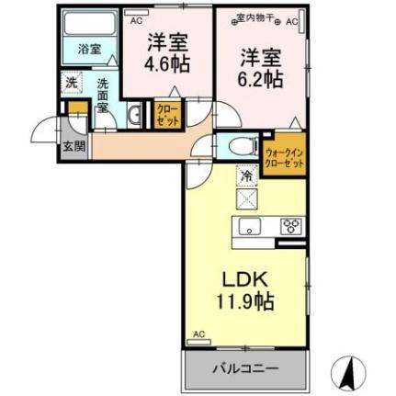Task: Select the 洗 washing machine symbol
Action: coord(72,82)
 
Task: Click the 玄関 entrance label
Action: coord(73,144)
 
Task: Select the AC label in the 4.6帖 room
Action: coord(137,17)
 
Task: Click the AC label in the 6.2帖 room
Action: coord(292,19)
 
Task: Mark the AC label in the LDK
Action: coord(198,334)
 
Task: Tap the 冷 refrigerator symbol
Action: coord(246,173)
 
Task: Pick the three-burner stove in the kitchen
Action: coord(291,225)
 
